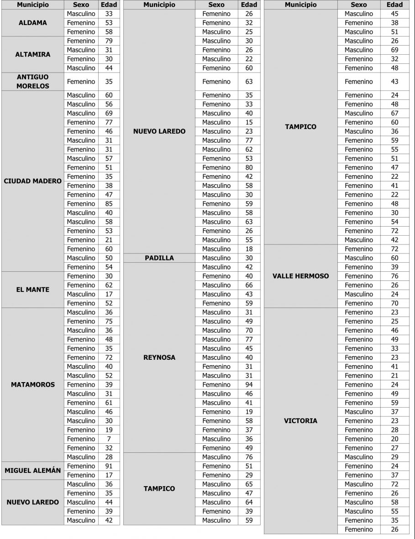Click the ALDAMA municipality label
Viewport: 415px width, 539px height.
[32, 23]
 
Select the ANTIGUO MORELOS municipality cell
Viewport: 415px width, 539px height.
[32, 82]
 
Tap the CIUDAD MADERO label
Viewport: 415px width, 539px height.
[32, 181]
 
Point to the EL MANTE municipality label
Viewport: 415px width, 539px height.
[32, 290]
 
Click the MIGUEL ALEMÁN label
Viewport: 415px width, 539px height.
[32, 471]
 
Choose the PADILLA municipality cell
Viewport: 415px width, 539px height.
[159, 258]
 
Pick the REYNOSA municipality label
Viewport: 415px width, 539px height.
[159, 358]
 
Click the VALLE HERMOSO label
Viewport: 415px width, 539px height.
[300, 276]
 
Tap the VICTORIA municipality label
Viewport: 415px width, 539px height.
[300, 421]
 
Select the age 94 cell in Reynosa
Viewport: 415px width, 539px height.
[249, 385]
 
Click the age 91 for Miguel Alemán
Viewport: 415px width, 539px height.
[109, 466]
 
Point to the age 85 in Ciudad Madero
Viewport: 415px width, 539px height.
[109, 204]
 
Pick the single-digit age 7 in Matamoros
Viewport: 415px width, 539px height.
[109, 439]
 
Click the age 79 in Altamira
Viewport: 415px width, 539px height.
[109, 41]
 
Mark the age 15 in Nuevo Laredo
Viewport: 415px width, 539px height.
[249, 122]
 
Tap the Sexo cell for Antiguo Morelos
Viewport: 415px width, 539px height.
[81, 82]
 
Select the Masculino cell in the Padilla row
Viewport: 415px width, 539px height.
[216, 258]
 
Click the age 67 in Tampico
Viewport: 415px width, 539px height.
[394, 113]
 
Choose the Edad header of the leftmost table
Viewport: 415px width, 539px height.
[109, 5]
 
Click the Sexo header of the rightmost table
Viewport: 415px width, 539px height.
[358, 5]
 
